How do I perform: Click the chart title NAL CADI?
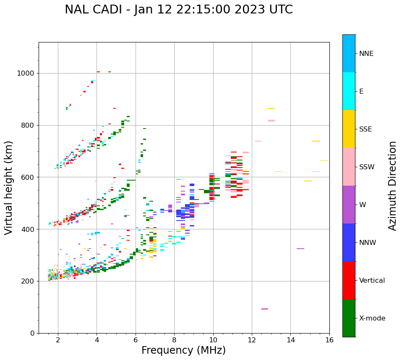179,10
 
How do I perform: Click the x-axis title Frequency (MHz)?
183,350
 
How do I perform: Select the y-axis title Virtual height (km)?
9,188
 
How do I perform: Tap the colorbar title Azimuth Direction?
392,186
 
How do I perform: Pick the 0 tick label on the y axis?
32,333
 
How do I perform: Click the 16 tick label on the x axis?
329,340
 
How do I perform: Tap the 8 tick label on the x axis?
174,340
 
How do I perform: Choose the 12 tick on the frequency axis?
252,340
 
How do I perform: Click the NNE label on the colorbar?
366,54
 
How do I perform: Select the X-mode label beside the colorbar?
372,318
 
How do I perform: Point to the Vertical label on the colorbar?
372,281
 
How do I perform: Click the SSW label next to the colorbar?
366,167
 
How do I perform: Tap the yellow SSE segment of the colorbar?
349,129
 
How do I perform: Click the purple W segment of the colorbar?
349,205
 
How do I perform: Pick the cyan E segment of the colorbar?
349,91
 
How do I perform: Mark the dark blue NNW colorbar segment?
349,242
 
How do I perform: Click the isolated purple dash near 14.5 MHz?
300,249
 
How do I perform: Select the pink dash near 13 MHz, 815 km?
271,121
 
